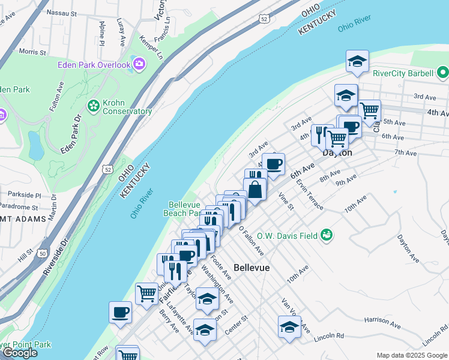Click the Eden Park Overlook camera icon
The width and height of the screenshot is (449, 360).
[139, 63]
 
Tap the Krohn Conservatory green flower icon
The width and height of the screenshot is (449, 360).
[93, 106]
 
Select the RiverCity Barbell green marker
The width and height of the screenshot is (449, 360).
[443, 73]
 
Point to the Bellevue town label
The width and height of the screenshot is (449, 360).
[251, 268]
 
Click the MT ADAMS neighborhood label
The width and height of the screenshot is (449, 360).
[23, 219]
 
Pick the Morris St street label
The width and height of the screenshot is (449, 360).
[32, 52]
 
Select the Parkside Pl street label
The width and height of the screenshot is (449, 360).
[25, 195]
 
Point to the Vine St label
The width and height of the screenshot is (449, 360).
[286, 201]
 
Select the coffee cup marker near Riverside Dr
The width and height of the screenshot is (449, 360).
[121, 312]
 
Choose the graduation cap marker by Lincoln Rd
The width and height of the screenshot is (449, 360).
[289, 327]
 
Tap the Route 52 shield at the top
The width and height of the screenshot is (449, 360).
[265, 20]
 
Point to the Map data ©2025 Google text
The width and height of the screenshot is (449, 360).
[412, 355]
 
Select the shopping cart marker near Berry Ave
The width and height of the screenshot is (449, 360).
[146, 293]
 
